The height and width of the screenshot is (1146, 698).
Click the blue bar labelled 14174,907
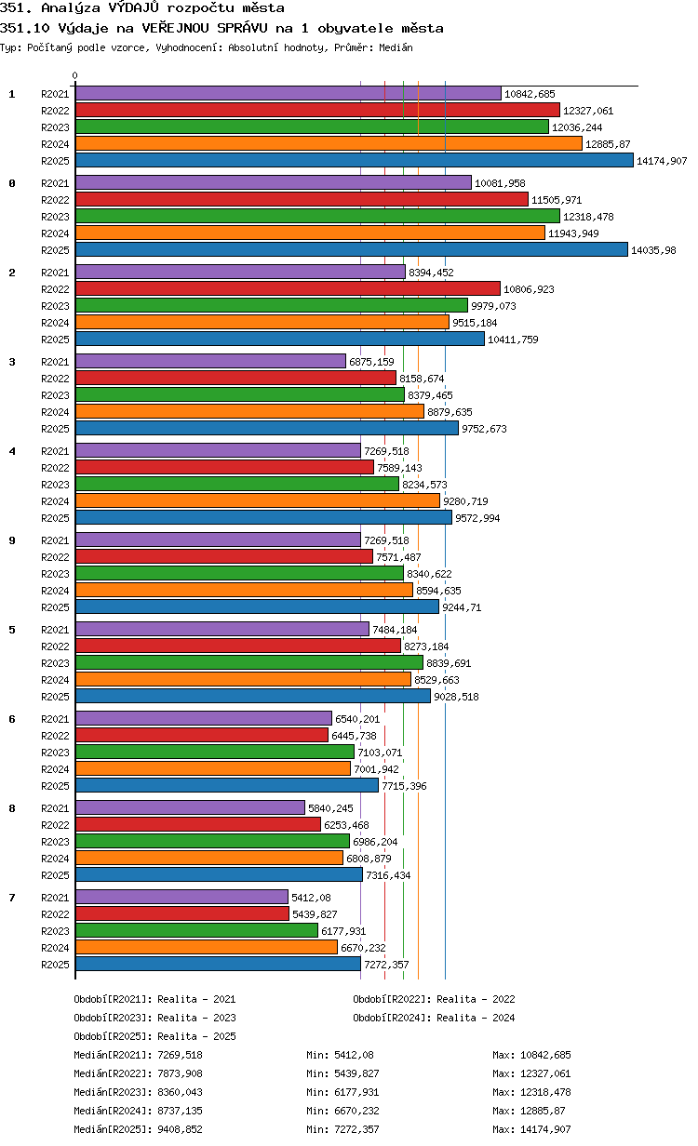pyautogui.click(x=354, y=161)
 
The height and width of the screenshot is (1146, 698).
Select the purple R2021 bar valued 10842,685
pyautogui.click(x=289, y=94)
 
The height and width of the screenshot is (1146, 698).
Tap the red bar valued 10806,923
pyautogui.click(x=288, y=289)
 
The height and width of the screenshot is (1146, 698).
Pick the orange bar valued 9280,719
pyautogui.click(x=258, y=500)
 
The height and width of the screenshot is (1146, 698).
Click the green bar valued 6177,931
pyautogui.click(x=196, y=930)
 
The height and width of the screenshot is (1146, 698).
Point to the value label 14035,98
pyautogui.click(x=653, y=250)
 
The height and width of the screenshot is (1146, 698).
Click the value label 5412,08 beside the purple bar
pyautogui.click(x=311, y=898)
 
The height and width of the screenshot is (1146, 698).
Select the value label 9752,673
pyautogui.click(x=484, y=429)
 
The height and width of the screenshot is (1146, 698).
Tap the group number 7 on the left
pyautogui.click(x=12, y=898)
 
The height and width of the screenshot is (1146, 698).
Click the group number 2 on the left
pyautogui.click(x=12, y=273)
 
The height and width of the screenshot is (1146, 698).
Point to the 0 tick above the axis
pyautogui.click(x=74, y=75)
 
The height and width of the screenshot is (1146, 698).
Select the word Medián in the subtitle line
pyautogui.click(x=396, y=47)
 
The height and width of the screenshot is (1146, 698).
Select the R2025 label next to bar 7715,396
pyautogui.click(x=55, y=786)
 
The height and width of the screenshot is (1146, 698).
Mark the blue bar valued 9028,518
pyautogui.click(x=253, y=697)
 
